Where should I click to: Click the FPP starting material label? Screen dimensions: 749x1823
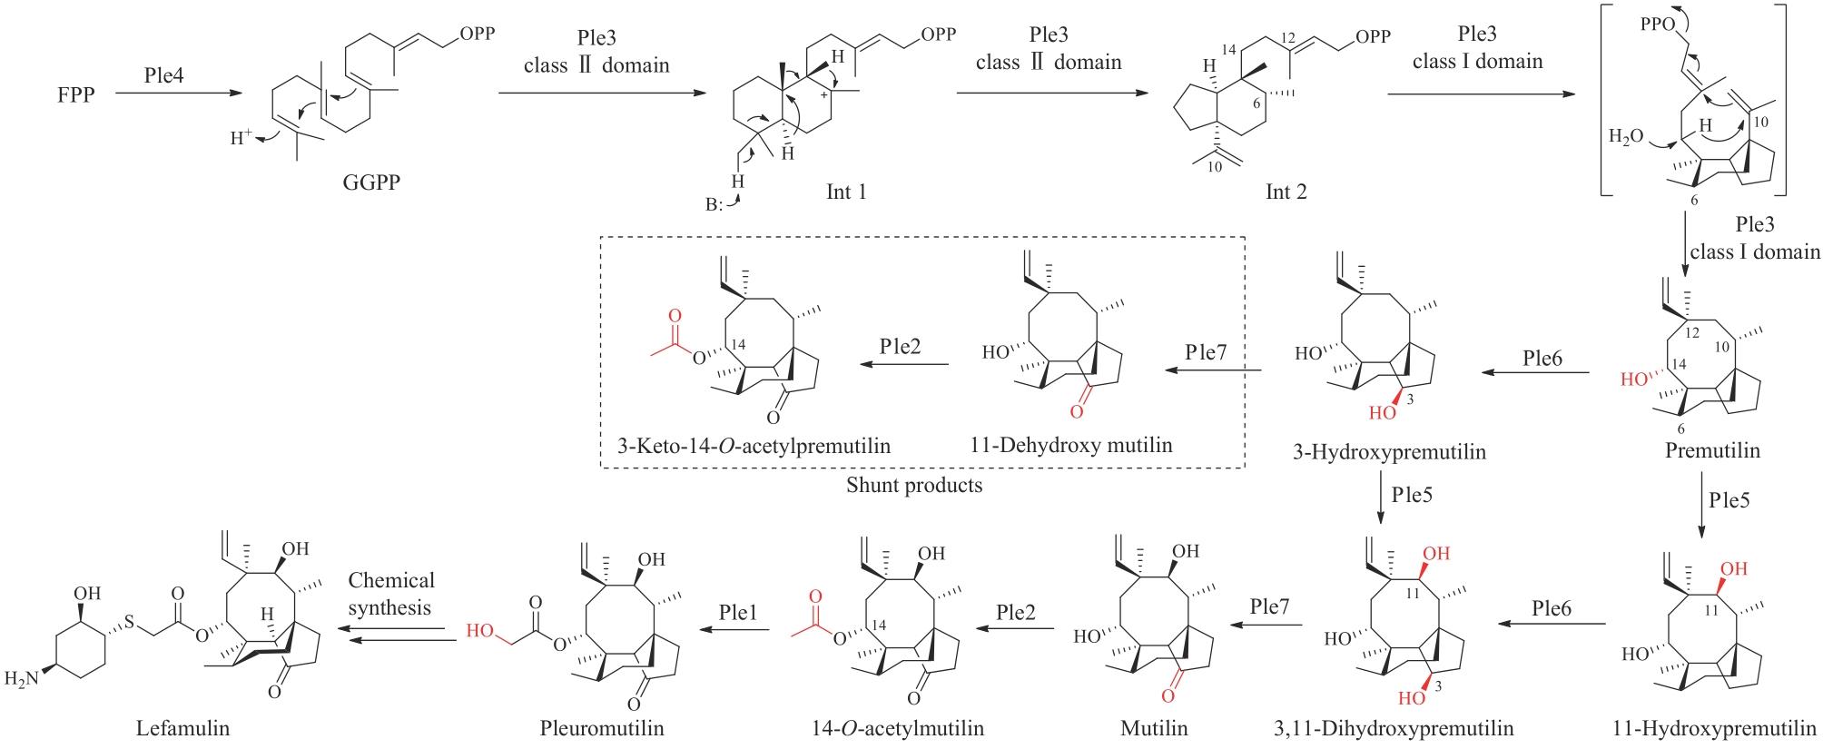point(76,94)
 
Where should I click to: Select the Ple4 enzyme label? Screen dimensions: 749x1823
point(163,75)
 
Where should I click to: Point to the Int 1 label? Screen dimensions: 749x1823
point(845,192)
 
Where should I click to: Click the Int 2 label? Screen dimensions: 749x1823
point(1286,192)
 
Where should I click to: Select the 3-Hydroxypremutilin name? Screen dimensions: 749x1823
point(1389,451)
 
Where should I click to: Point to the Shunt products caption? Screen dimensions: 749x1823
point(914,485)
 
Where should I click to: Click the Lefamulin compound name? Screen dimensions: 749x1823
point(182,728)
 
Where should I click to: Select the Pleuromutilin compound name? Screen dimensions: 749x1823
point(603,728)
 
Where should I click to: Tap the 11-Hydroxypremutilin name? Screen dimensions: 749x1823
point(1715,728)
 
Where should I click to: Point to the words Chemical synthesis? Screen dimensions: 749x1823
point(391,593)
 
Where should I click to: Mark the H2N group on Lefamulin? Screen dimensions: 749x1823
point(21,678)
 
